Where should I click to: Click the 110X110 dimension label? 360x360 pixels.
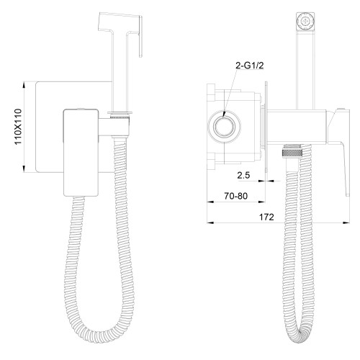coord(18,127)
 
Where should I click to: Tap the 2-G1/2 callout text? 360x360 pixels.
coord(249,66)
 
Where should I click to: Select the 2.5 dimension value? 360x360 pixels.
coord(243,176)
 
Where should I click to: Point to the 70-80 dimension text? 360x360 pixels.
coord(235,196)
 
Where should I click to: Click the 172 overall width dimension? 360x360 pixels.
coord(266,217)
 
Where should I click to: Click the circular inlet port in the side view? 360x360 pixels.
coord(224,127)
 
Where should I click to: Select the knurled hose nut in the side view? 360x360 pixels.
coord(292,153)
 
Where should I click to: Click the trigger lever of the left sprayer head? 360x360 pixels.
coord(140,37)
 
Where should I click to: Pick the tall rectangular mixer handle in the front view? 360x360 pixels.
coord(81,153)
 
